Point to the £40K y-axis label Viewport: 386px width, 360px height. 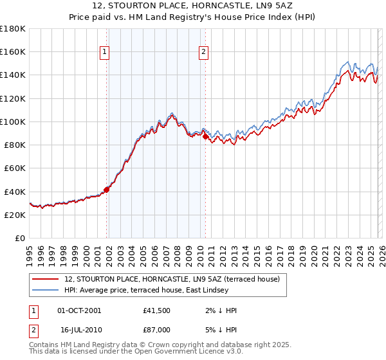tap(15, 192)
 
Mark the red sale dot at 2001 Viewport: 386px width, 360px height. tap(107, 189)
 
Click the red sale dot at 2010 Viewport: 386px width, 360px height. tap(205, 136)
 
